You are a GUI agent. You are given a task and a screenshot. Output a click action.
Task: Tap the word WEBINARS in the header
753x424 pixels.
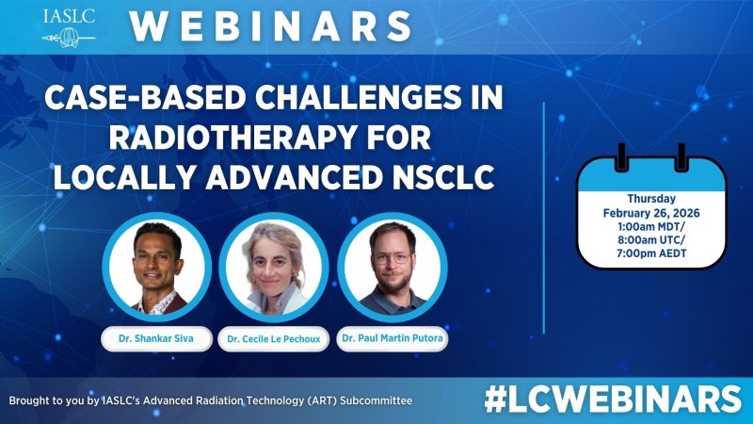[270, 26]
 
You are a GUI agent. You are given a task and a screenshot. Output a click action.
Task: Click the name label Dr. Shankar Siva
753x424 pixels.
[157, 336]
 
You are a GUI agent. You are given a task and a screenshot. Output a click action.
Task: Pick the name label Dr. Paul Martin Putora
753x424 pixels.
[392, 337]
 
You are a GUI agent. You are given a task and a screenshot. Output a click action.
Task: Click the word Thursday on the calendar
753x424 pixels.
[651, 199]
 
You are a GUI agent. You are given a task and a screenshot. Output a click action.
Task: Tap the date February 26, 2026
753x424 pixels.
[651, 213]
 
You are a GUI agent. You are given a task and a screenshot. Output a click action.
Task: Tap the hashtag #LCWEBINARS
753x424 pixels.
[613, 399]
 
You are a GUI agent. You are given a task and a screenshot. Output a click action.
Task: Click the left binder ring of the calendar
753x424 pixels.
[621, 157]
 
